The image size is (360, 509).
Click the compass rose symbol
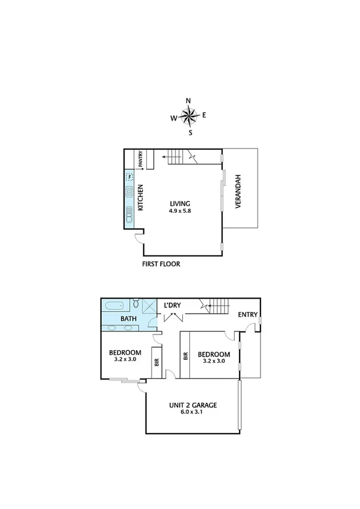tap(189, 116)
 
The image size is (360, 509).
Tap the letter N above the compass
tap(188, 101)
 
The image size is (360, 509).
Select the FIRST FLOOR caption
tap(161, 264)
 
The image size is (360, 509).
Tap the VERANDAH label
tap(238, 191)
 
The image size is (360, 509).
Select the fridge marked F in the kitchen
tap(129, 177)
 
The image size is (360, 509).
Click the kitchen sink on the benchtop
tap(129, 213)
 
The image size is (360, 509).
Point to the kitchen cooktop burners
tap(129, 192)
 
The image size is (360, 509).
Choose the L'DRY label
tap(173, 306)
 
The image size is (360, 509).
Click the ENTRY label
tap(247, 314)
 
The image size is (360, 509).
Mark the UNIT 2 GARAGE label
tap(192, 405)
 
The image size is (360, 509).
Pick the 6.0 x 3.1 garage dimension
tap(192, 413)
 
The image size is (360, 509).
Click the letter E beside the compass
tap(204, 115)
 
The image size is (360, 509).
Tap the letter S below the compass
tap(190, 132)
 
